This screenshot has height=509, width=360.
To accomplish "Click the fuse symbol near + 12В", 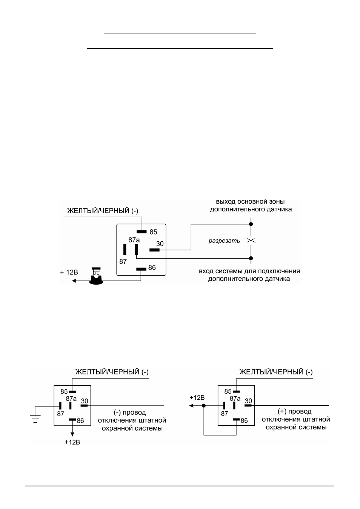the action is [x=96, y=276].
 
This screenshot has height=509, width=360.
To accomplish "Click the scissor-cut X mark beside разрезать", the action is [x=251, y=241].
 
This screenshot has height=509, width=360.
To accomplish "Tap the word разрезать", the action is [x=224, y=241].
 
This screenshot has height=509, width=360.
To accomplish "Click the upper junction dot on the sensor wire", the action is [x=251, y=224].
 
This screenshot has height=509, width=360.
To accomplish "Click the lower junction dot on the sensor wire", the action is [x=251, y=258].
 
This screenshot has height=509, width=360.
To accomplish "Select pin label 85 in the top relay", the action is [x=153, y=232].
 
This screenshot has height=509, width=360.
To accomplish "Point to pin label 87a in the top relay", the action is [x=134, y=240].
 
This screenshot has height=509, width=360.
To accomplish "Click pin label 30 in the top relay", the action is [x=160, y=244].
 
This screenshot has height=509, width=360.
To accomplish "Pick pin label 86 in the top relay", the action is [x=152, y=268].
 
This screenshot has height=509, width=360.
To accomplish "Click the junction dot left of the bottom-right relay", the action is [x=204, y=406].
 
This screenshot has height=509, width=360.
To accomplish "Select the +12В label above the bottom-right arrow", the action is [x=197, y=398].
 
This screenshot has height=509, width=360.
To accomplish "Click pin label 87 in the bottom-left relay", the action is [x=60, y=414].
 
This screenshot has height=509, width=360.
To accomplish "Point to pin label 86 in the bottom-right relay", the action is [x=244, y=421].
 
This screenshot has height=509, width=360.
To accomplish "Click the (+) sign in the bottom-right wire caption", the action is [x=282, y=411].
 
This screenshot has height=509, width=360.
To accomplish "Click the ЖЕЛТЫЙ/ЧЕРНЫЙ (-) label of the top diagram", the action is [x=103, y=211].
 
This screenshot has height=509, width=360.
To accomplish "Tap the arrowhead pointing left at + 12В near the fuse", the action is [x=74, y=281].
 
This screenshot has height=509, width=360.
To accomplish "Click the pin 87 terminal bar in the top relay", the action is [x=125, y=250].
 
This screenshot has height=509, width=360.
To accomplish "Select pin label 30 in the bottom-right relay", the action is [x=248, y=401].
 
